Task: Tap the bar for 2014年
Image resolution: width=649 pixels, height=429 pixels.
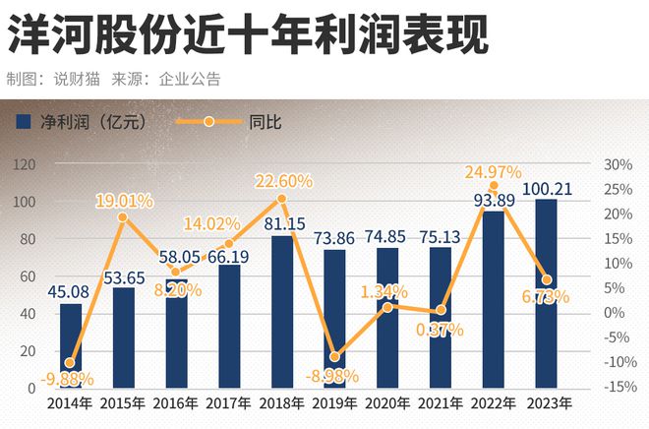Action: pos(71,344)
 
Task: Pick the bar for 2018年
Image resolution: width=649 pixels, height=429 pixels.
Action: pos(282,311)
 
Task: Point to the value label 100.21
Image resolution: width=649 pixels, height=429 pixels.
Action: pos(547,188)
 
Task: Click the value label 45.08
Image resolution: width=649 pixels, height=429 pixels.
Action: pos(70,291)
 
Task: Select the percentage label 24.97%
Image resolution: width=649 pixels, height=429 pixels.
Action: pos(494,173)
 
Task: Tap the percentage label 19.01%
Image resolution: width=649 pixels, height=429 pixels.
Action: pos(124,202)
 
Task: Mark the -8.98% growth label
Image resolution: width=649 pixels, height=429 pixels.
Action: pos(335,375)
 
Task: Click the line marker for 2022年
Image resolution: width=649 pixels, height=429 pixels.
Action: pos(494,186)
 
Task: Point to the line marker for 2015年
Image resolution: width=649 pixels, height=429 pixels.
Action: pos(123,217)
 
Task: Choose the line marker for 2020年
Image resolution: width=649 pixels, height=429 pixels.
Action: pos(388,307)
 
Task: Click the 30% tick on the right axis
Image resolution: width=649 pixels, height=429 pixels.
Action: pos(617,164)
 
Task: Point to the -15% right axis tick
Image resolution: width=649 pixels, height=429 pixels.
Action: pos(617,387)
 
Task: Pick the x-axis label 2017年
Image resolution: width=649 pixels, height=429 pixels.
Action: pos(229,402)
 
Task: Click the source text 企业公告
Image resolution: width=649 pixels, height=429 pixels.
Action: pos(190,79)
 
